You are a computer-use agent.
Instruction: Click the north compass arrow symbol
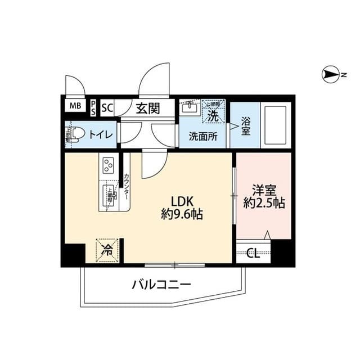[331, 74]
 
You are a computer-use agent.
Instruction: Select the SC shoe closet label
[107, 107]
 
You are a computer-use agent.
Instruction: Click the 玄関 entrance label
[147, 107]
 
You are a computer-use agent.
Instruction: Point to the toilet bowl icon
[76, 134]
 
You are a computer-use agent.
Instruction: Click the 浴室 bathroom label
[246, 125]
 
